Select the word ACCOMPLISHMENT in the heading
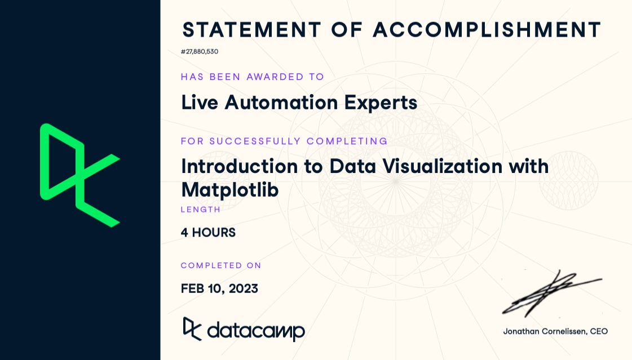coord(487,30)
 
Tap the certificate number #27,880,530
coord(200,52)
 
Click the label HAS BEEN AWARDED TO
coord(253,77)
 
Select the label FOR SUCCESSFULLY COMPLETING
coord(284,141)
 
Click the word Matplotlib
coord(230,190)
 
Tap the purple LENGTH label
coord(201,210)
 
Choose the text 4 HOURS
coord(208,232)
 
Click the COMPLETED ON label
coord(221,265)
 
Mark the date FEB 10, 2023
coord(219,288)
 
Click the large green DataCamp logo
coord(79,175)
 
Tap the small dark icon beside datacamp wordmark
coord(192,329)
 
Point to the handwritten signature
coord(550,293)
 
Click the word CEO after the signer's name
coord(599,331)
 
